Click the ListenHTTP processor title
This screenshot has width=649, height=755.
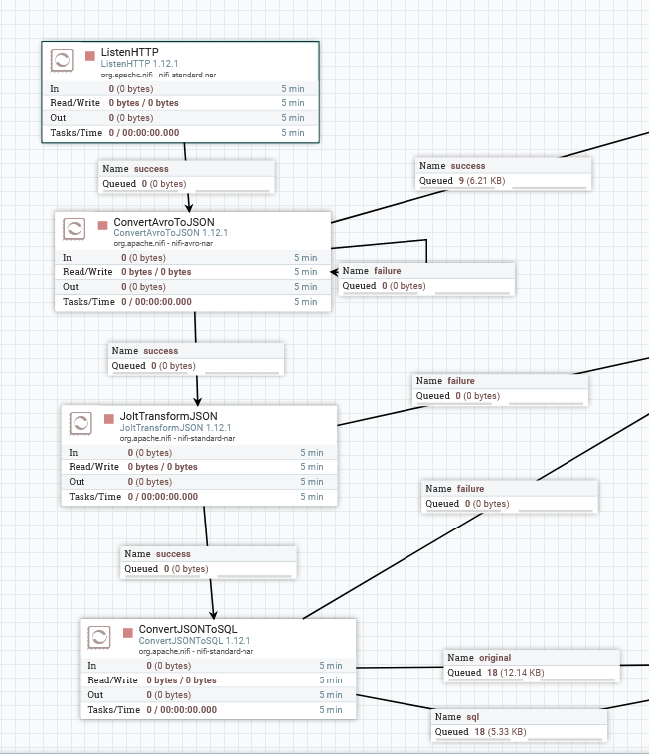tap(129, 52)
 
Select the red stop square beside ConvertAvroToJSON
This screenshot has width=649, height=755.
tap(102, 226)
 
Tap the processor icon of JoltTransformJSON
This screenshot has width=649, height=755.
tap(81, 424)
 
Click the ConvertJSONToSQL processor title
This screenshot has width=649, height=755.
tap(188, 629)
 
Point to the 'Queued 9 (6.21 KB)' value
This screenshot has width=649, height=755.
tap(482, 181)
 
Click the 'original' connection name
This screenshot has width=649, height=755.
tap(495, 658)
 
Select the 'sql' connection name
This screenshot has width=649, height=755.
tap(473, 717)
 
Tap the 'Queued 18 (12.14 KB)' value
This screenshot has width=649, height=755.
tap(516, 673)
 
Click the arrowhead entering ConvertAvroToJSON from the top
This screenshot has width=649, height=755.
tap(189, 207)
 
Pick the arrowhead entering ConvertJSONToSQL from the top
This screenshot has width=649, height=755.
tap(213, 614)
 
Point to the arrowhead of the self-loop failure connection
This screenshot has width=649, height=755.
tap(334, 272)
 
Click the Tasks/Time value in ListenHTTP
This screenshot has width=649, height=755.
tap(144, 133)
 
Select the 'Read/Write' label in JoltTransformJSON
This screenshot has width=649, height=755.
tap(94, 467)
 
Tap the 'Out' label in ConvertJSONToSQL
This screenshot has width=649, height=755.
tap(95, 694)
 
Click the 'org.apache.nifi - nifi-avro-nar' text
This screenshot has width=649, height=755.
tap(163, 243)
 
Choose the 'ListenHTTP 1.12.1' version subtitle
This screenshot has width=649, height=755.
tap(139, 63)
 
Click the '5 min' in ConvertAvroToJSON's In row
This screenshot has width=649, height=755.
tap(306, 258)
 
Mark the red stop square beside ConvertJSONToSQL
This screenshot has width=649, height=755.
tap(127, 633)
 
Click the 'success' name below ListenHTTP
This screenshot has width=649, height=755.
tap(151, 169)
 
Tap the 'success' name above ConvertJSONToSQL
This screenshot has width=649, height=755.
tap(173, 554)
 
